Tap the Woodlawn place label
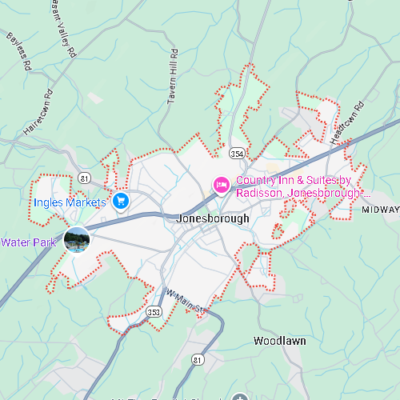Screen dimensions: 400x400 point(279,341)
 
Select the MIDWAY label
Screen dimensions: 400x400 point(380,210)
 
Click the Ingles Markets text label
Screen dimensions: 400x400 point(70,202)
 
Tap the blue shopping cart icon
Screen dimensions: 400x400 point(121,200)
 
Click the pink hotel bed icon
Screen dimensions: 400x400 point(222,186)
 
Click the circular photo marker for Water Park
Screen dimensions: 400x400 point(77,239)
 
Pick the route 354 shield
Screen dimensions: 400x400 point(237,152)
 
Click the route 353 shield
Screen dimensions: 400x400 point(154,312)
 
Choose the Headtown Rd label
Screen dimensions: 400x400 point(346,122)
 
